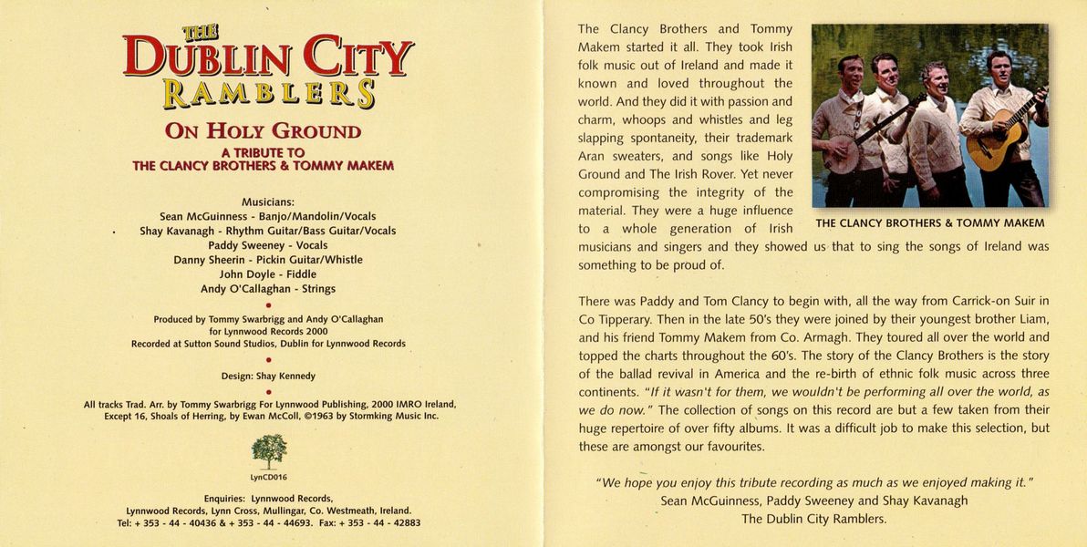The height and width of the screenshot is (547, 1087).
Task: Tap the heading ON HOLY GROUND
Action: [263, 131]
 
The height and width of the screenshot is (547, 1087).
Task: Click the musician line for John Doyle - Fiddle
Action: [268, 274]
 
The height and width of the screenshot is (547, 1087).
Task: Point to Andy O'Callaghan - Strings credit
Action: [268, 289]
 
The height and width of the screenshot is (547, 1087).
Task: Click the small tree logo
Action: [269, 450]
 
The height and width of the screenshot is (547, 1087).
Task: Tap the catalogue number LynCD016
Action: [269, 477]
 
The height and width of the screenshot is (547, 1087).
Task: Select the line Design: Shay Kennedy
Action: [268, 376]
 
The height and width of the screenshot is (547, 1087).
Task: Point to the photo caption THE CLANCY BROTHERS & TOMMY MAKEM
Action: [930, 223]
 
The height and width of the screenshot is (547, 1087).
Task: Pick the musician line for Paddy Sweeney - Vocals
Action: [268, 245]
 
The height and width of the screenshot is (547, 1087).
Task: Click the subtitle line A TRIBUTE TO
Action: [263, 152]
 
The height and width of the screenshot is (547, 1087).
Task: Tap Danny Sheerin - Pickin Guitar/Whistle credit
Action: [268, 260]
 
